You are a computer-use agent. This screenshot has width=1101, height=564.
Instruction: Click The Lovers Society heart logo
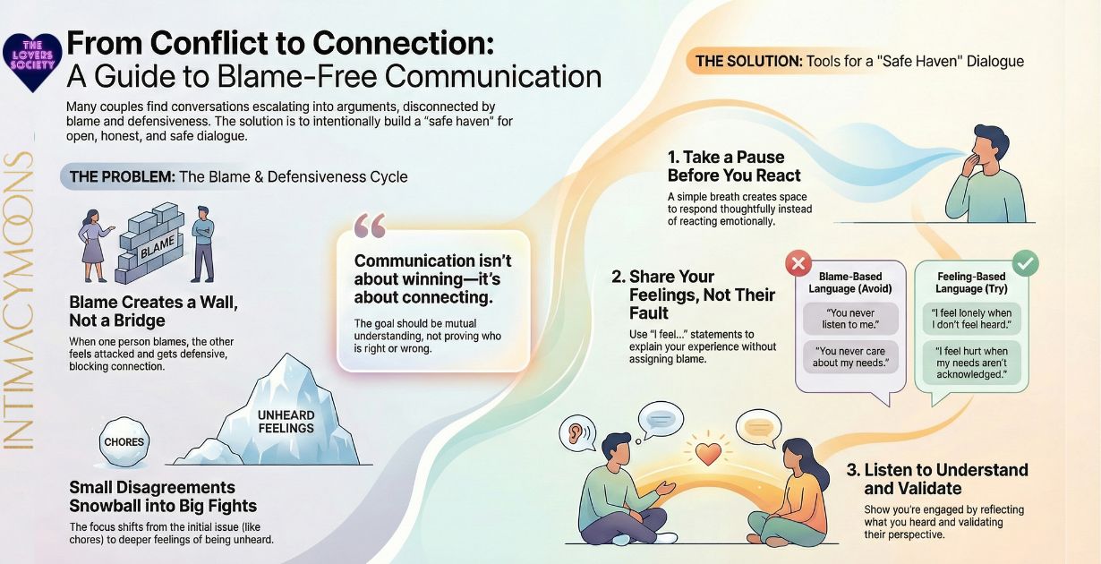click(x=32, y=61)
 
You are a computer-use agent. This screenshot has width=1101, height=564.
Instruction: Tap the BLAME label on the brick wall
click(x=158, y=243)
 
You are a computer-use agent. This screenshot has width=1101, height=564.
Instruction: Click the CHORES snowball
click(x=124, y=442)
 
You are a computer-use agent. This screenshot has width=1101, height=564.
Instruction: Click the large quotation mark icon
click(x=370, y=226)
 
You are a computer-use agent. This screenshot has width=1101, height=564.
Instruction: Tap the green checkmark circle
click(x=1026, y=264)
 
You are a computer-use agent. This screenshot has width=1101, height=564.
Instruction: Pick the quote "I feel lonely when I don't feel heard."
click(x=970, y=318)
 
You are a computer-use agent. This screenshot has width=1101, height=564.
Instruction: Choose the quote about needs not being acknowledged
click(x=970, y=363)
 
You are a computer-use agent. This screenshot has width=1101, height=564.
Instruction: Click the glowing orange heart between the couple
click(x=708, y=453)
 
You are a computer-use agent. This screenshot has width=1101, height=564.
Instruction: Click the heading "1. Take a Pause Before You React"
click(x=734, y=167)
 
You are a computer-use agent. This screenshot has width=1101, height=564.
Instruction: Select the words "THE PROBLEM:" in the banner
click(x=122, y=176)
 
